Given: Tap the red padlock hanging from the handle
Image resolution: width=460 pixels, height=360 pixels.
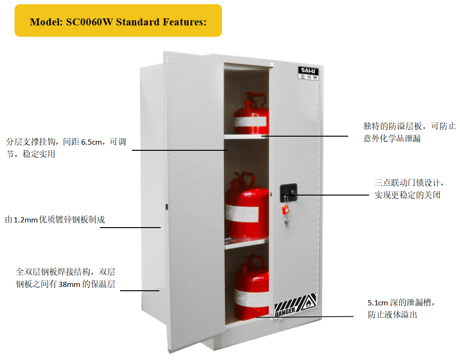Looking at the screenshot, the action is [285, 210].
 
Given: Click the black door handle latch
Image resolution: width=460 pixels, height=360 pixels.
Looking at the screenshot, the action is [288, 193].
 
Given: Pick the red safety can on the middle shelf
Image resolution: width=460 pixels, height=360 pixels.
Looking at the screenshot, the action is [247, 206].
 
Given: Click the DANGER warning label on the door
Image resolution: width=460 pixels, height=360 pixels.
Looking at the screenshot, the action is [296, 305].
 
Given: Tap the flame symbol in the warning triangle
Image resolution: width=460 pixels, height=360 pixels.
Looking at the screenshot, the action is [309, 303].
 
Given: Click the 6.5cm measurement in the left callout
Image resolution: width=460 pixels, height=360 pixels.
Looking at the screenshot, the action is [91, 142].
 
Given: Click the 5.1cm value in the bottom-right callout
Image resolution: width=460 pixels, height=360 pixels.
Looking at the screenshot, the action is [378, 303].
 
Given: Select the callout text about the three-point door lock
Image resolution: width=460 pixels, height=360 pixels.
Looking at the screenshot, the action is [409, 188].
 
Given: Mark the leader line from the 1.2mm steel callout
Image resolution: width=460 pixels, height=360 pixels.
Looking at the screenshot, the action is [130, 228].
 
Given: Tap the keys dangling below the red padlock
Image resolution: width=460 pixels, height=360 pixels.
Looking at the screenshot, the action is [286, 222].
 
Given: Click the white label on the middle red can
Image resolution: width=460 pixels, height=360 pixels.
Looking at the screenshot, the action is [242, 213].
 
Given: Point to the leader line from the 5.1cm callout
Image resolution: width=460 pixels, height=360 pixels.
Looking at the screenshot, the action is [304, 317].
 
